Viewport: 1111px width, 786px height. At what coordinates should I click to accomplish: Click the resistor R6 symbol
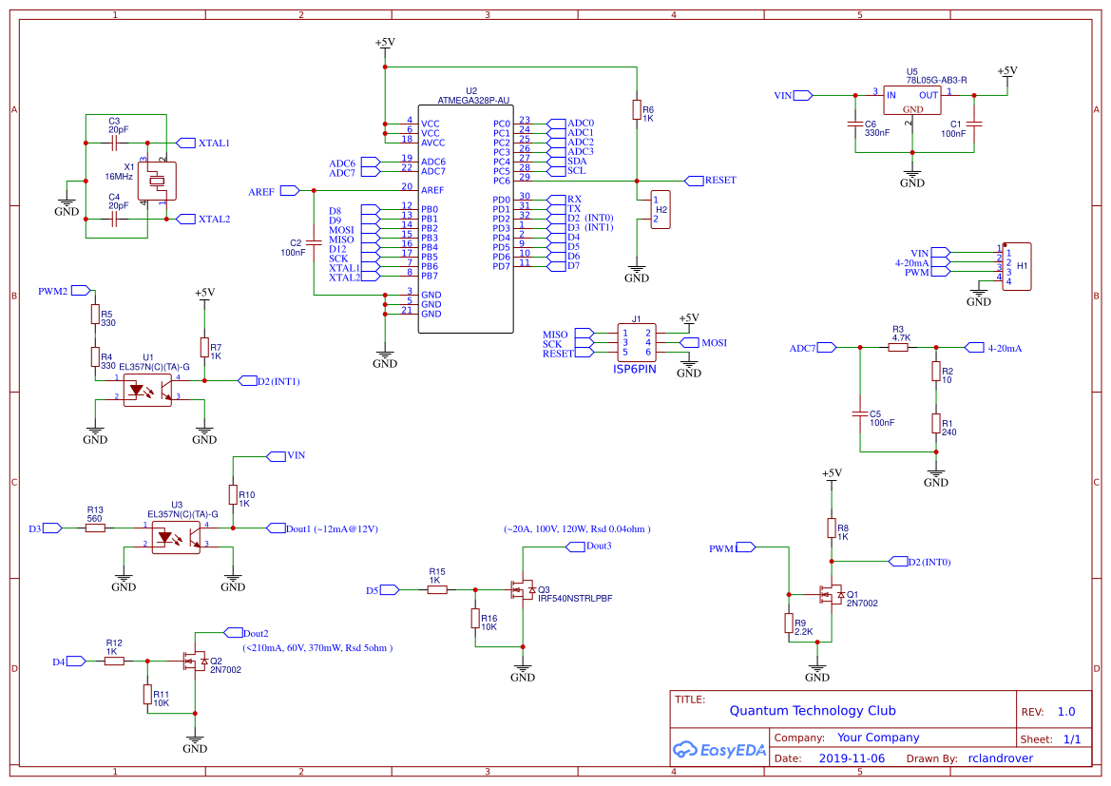636,111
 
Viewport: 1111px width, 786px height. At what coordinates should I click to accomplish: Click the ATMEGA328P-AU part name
472,100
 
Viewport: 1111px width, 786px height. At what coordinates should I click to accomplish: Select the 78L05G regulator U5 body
911,100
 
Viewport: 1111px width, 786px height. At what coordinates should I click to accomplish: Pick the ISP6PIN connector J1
636,342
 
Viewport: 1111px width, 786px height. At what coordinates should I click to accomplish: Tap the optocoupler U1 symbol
147,390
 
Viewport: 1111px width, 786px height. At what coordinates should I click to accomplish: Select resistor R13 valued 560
95,527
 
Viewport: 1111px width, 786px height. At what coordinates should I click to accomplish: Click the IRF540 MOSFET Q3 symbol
524,589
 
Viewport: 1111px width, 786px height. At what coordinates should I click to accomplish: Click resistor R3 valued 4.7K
898,348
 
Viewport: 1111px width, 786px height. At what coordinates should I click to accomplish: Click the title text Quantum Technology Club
812,711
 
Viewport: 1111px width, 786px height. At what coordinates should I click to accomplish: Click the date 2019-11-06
852,758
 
